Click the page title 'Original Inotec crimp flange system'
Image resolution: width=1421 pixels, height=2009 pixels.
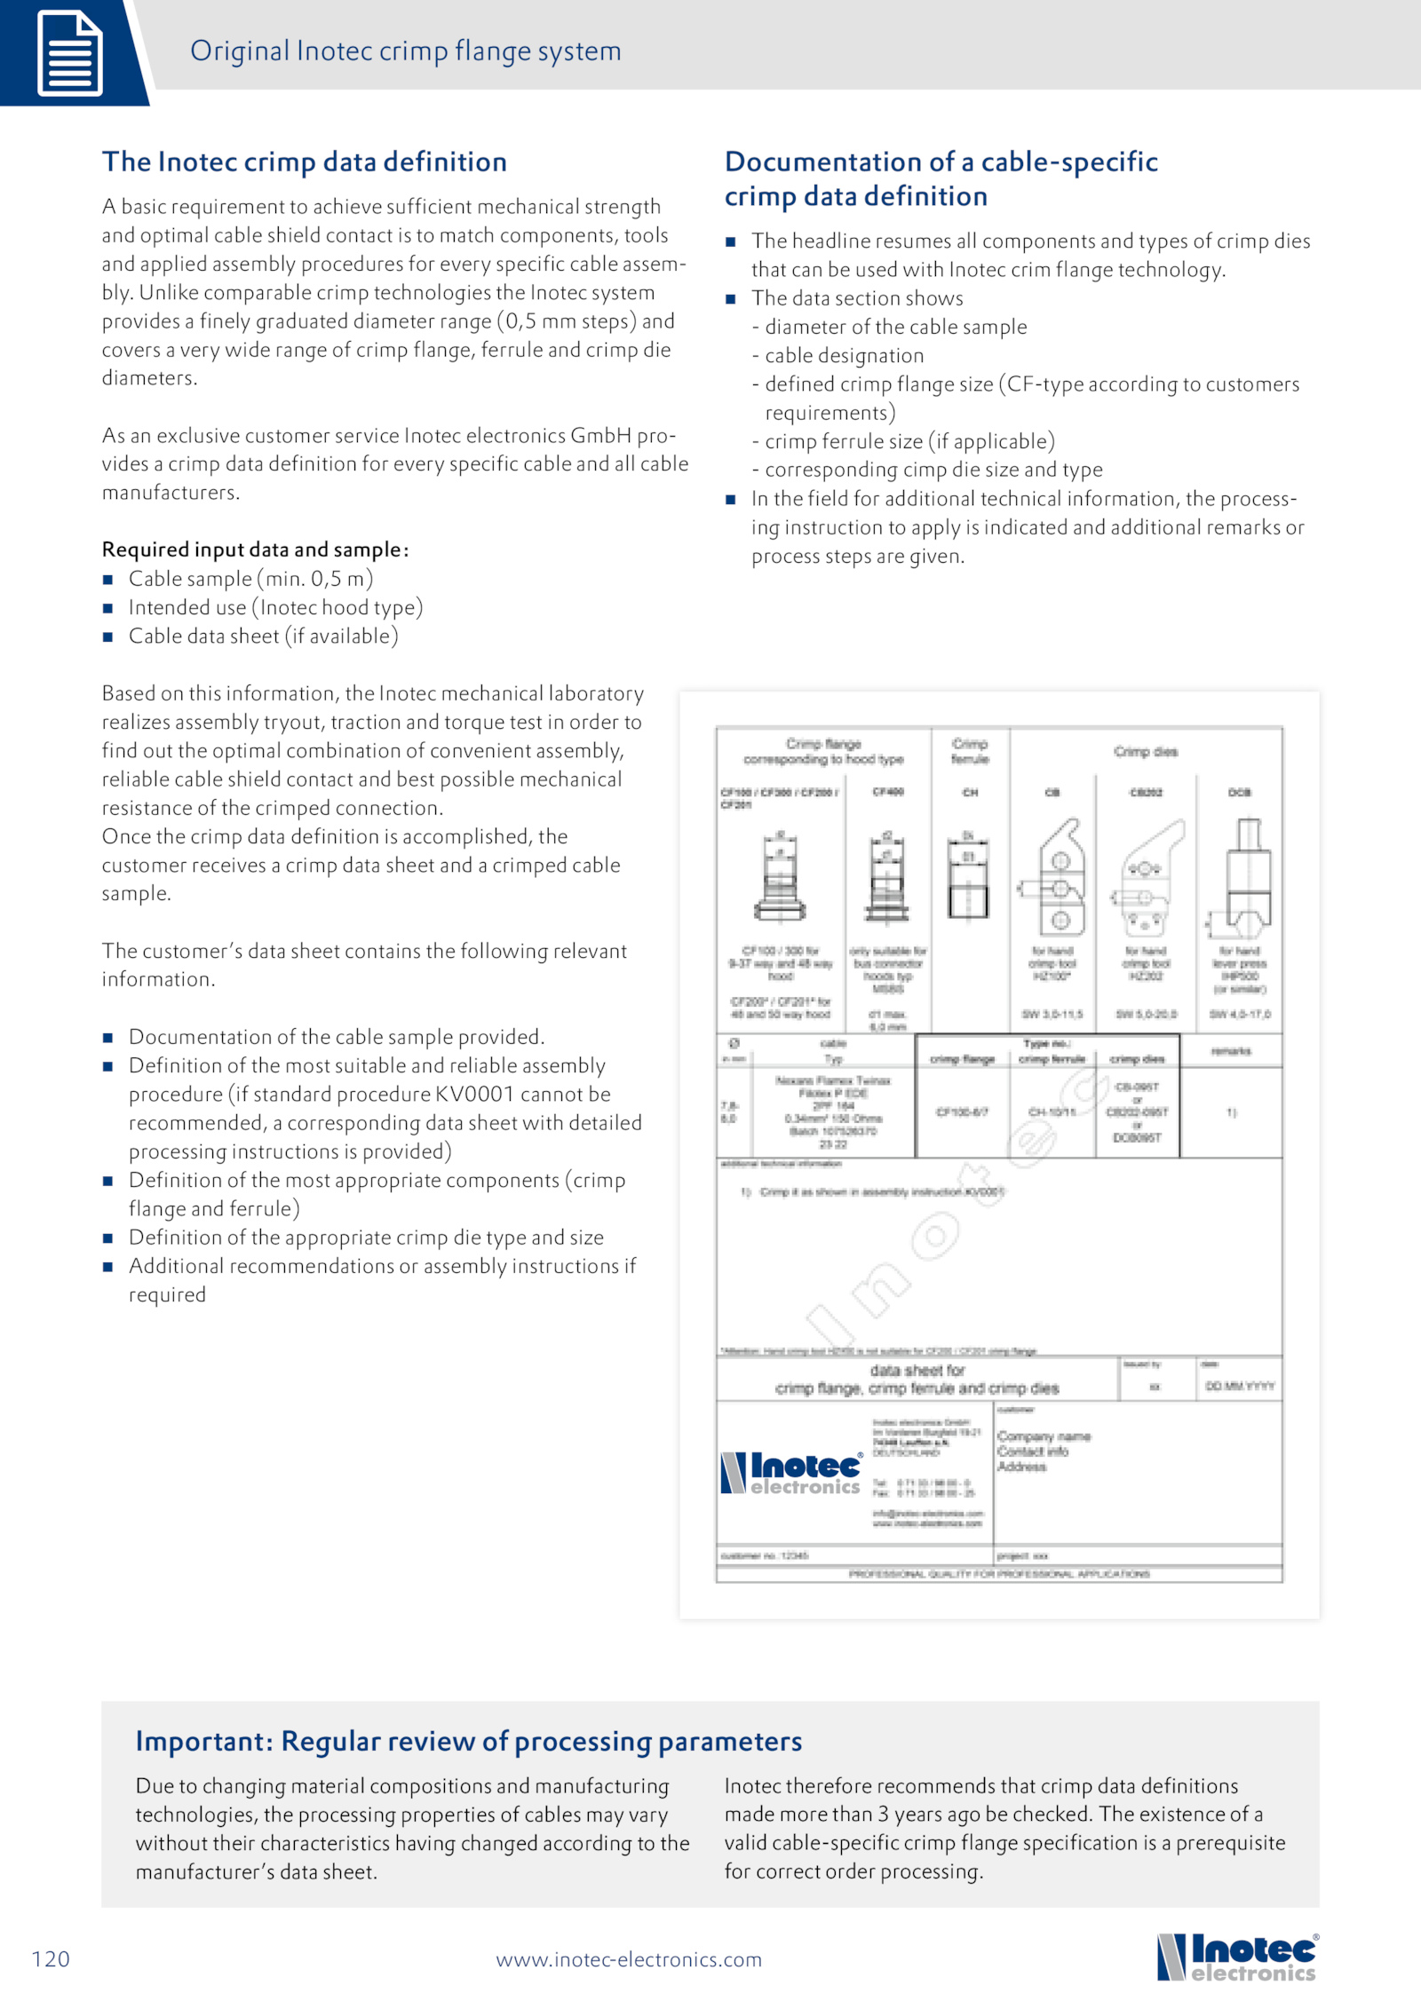405,51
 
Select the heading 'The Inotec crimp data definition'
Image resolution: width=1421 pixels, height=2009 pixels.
304,162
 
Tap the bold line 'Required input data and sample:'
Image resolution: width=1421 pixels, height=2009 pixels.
255,550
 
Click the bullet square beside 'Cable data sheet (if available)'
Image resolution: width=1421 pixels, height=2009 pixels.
108,637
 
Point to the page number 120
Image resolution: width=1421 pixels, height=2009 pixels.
51,1958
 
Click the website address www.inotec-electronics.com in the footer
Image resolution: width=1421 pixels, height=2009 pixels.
629,1959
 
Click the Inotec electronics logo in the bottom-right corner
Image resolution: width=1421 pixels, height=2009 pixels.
1236,1957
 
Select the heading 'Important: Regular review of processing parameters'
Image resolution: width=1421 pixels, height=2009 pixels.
468,1741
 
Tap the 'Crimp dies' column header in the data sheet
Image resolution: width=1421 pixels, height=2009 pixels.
1146,752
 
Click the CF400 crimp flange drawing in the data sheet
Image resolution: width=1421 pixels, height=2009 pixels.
887,880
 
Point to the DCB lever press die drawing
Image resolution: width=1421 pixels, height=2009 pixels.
1240,878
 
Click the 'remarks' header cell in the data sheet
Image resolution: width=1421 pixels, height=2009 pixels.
1231,1051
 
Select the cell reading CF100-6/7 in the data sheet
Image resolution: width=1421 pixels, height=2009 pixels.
962,1111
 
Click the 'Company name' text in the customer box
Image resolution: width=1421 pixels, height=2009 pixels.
1044,1436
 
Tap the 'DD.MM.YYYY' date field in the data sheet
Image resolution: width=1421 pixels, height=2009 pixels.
1240,1386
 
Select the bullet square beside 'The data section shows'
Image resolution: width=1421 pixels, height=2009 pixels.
731,299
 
